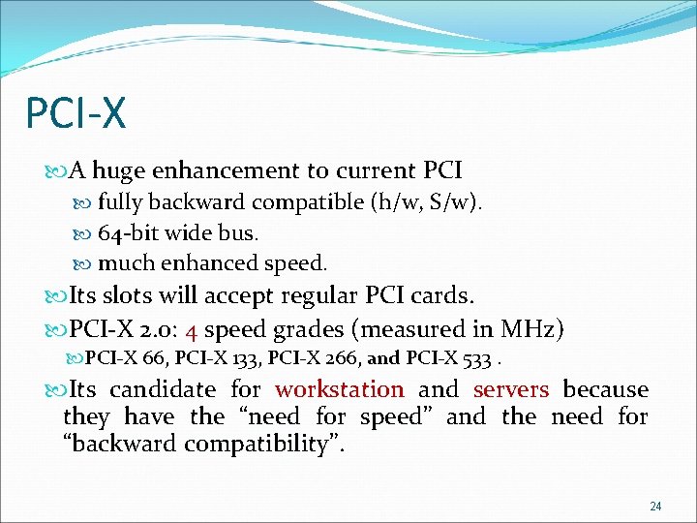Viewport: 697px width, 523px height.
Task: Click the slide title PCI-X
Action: [x=76, y=112]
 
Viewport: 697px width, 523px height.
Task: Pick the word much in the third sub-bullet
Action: [x=123, y=262]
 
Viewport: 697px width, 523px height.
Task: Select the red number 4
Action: [x=192, y=329]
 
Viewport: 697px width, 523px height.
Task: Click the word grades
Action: [x=324, y=329]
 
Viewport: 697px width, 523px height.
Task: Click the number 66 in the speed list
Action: [x=153, y=358]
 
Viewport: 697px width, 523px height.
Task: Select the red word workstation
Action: [x=339, y=390]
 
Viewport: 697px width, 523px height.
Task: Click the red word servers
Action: [x=511, y=390]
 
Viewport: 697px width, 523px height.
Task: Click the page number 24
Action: [x=655, y=507]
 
